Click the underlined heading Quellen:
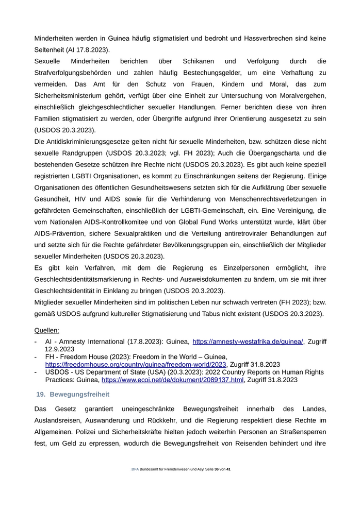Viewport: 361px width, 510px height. pyautogui.click(x=46, y=330)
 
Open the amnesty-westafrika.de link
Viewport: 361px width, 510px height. pyautogui.click(x=248, y=342)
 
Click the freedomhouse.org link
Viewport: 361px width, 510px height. pyautogui.click(x=136, y=364)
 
